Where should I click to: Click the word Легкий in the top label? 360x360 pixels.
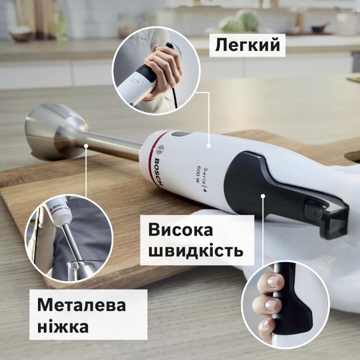coord(247,45)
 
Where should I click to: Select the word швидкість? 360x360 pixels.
coord(195,251)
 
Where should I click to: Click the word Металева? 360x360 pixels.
coord(81,305)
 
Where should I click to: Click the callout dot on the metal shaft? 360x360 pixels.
coord(86,146)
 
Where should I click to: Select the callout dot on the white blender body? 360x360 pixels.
coord(209,146)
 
